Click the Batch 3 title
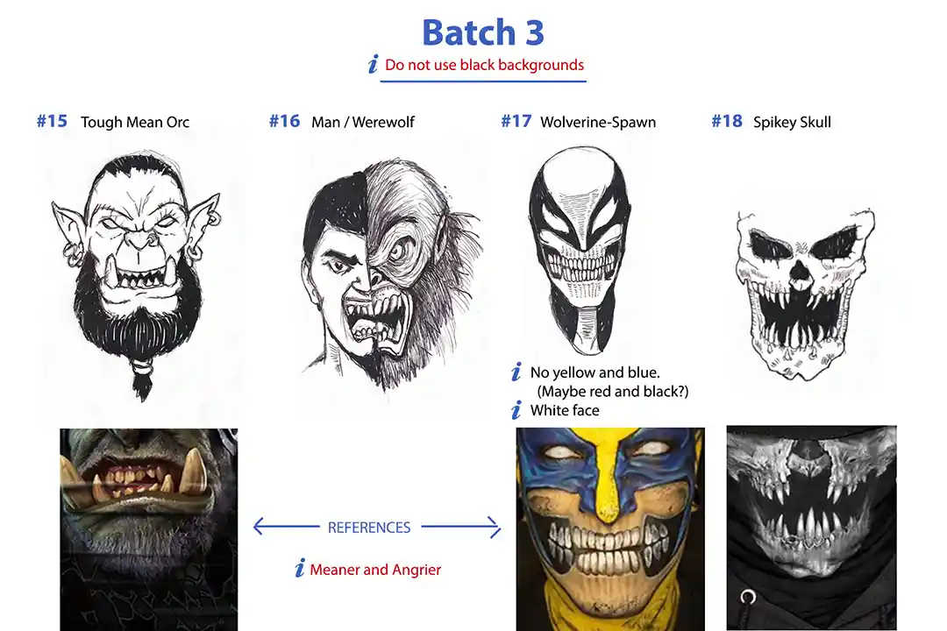pyautogui.click(x=482, y=32)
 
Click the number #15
pyautogui.click(x=52, y=121)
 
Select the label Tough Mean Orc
pyautogui.click(x=135, y=122)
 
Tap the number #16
pyautogui.click(x=284, y=121)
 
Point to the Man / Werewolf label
pyautogui.click(x=363, y=122)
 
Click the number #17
pyautogui.click(x=516, y=121)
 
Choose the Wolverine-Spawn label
pyautogui.click(x=598, y=122)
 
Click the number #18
pyautogui.click(x=727, y=121)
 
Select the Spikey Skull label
pyautogui.click(x=792, y=122)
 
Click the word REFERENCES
pyautogui.click(x=369, y=527)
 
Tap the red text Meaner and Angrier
pyautogui.click(x=375, y=570)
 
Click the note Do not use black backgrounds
pyautogui.click(x=484, y=65)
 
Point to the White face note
pyautogui.click(x=565, y=411)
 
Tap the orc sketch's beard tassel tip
pyautogui.click(x=143, y=399)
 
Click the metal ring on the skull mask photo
pyautogui.click(x=748, y=597)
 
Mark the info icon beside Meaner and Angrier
pyautogui.click(x=300, y=568)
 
